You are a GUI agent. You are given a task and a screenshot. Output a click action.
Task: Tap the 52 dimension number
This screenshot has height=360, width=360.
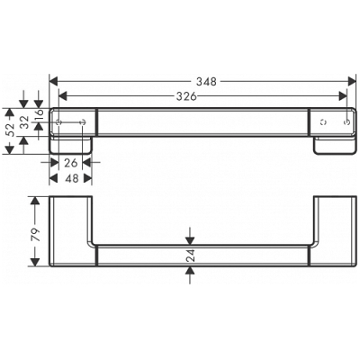[x=11, y=128]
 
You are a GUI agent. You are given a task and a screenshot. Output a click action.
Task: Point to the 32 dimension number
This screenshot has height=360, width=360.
[x=24, y=120]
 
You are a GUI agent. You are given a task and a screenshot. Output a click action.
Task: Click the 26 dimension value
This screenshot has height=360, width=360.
[x=71, y=163]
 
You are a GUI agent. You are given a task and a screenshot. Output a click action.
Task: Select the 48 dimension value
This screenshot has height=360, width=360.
[x=70, y=177]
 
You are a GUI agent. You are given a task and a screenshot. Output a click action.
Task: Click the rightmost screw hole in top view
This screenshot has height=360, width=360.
[x=346, y=120]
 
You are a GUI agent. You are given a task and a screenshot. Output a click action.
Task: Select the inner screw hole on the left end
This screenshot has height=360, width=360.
[x=84, y=120]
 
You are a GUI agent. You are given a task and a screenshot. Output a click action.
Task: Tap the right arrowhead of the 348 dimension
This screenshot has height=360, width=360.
[x=351, y=79]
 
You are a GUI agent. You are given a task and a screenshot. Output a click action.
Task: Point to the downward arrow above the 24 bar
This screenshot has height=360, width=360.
[x=190, y=235]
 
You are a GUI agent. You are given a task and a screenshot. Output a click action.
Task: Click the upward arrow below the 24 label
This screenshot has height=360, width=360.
[x=190, y=274]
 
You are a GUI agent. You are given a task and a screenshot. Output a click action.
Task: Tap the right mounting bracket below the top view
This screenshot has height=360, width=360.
[x=332, y=143]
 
